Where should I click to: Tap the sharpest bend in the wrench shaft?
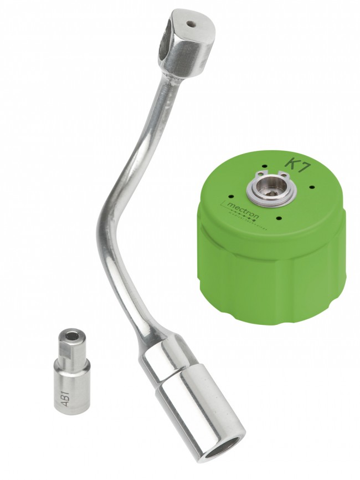coord(102,222)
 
